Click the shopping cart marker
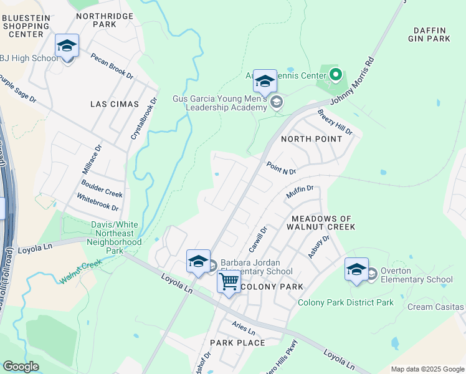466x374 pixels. (229, 282)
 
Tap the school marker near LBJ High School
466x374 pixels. (67, 47)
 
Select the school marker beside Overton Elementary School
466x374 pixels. (356, 270)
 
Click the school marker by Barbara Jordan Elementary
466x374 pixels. (198, 262)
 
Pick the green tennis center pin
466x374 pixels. (336, 76)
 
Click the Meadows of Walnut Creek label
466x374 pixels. (323, 223)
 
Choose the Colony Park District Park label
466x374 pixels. (346, 302)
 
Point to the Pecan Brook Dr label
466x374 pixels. (112, 66)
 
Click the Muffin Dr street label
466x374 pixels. (299, 193)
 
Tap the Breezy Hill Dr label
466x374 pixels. (335, 123)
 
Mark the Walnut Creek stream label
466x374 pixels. (81, 272)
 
